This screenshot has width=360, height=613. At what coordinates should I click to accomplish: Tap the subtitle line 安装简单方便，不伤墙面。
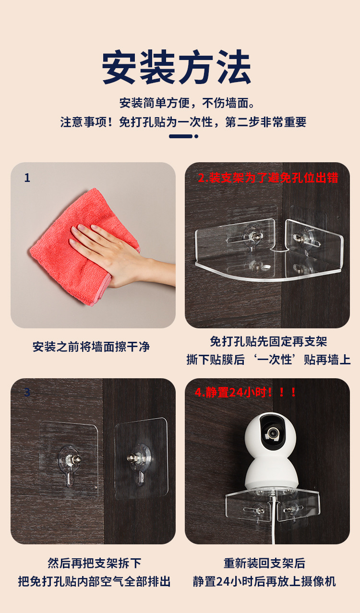187,103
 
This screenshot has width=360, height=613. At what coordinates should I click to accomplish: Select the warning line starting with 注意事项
183,122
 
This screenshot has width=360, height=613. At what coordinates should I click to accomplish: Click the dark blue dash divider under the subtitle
181,136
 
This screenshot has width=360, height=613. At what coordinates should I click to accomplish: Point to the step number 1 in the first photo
27,178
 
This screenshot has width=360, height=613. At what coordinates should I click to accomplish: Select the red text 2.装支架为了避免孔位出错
268,178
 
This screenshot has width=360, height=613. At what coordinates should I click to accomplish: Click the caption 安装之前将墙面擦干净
91,347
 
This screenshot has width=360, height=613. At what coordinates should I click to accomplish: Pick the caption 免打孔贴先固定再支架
268,341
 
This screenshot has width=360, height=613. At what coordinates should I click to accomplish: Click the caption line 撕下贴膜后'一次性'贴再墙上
268,360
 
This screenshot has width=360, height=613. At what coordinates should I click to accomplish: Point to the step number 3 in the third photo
27,392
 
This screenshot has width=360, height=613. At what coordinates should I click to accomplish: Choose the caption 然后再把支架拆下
94,563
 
